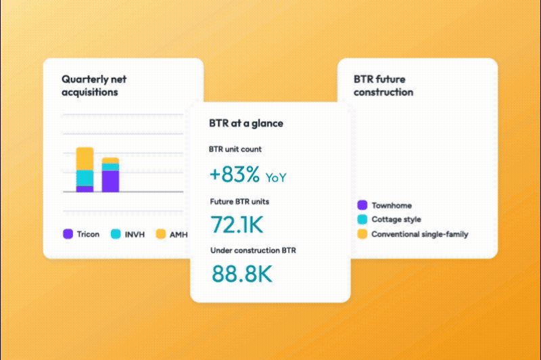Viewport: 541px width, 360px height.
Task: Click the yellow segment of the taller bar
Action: [x=85, y=158]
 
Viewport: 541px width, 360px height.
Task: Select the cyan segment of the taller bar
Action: [x=85, y=178]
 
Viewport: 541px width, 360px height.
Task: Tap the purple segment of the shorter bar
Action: [x=110, y=181]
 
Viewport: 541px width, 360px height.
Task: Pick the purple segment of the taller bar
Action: [x=85, y=189]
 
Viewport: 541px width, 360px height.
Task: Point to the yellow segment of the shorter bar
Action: [x=110, y=160]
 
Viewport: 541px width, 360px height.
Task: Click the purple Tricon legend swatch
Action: [x=68, y=234]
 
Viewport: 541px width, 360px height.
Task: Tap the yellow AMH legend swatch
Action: [x=160, y=234]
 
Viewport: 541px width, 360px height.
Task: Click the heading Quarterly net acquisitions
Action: [x=94, y=85]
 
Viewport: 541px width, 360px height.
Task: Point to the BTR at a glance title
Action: [x=246, y=123]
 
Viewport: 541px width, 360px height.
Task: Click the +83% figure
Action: [x=234, y=175]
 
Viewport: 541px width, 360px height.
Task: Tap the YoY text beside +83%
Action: [x=276, y=177]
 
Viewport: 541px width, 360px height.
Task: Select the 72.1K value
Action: [x=237, y=223]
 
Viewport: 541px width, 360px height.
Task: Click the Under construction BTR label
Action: [x=253, y=250]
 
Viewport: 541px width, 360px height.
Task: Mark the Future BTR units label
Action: [x=240, y=201]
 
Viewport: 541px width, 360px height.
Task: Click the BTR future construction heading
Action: [x=383, y=85]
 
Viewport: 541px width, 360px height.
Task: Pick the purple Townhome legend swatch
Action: [x=362, y=205]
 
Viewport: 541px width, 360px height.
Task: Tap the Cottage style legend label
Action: [x=396, y=219]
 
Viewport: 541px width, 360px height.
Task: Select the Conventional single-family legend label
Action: [x=420, y=234]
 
